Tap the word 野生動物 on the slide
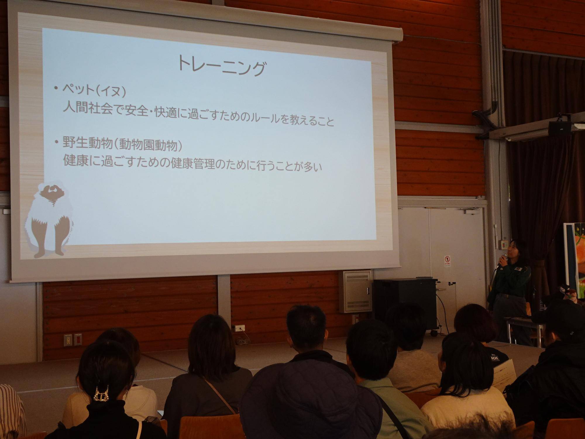click(x=87, y=143)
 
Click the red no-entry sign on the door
click(x=447, y=260)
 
